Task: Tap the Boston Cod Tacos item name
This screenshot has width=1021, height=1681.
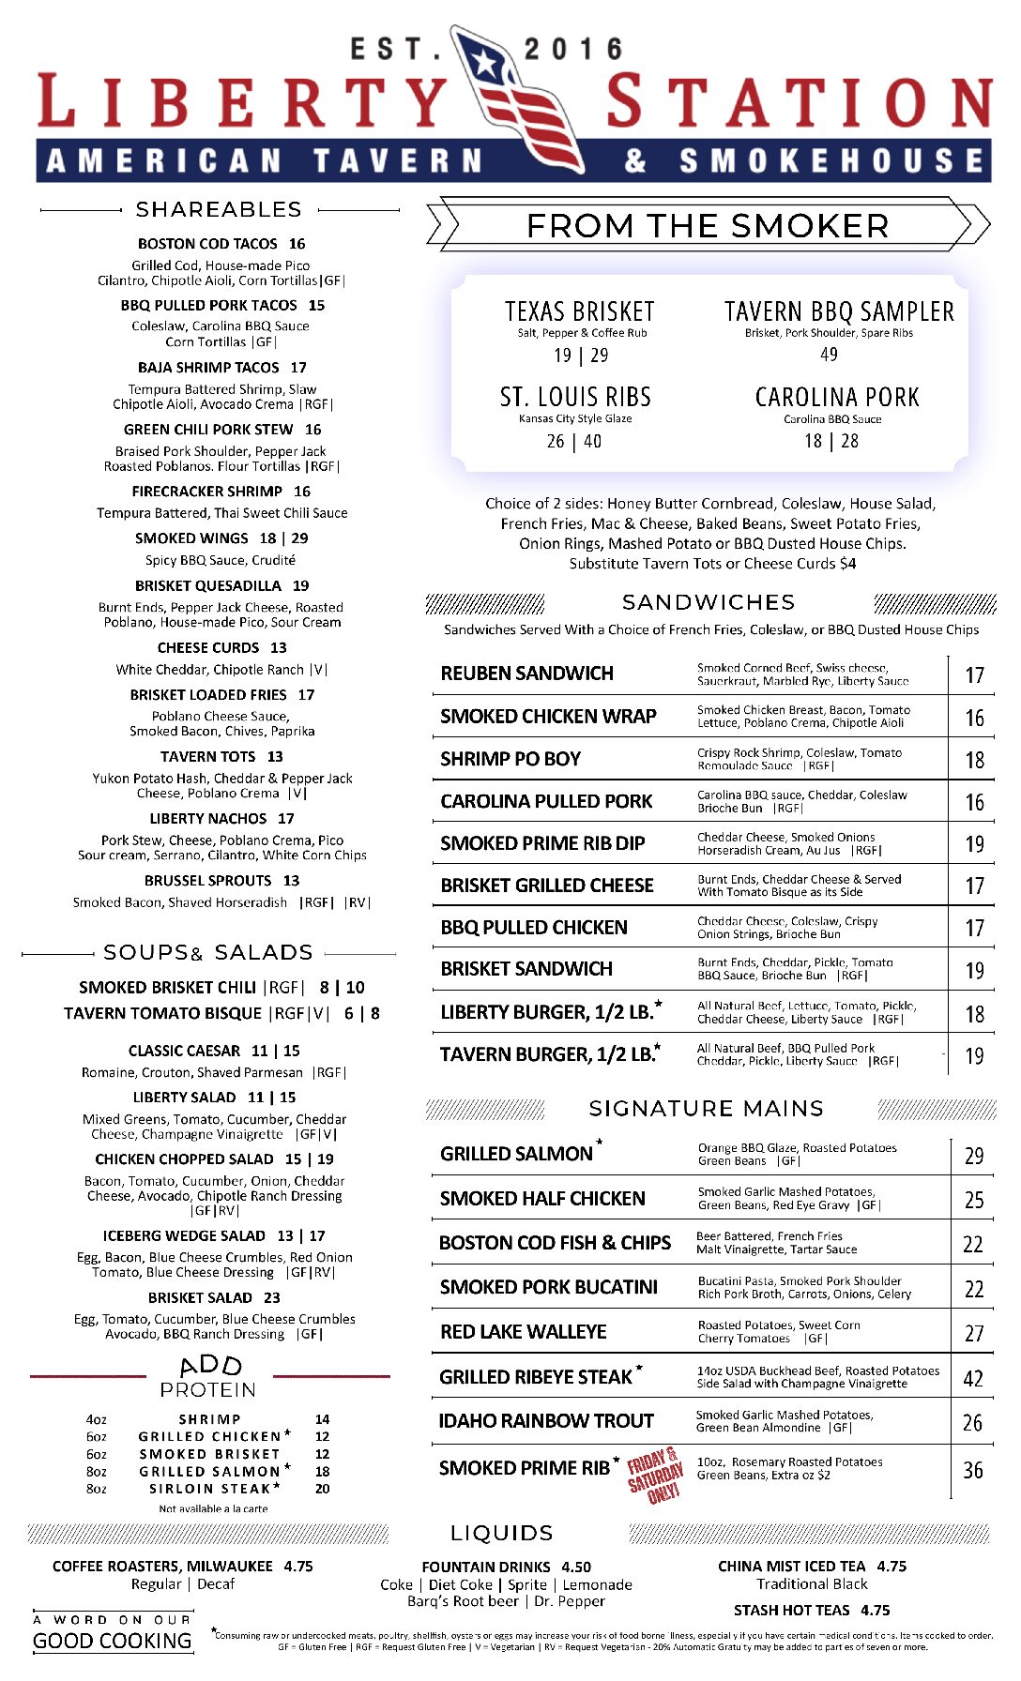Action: pyautogui.click(x=207, y=244)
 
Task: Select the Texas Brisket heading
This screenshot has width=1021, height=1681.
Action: pyautogui.click(x=579, y=311)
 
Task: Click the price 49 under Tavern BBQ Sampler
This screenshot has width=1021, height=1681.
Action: pyautogui.click(x=829, y=355)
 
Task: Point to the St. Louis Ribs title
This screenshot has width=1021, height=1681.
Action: pyautogui.click(x=575, y=397)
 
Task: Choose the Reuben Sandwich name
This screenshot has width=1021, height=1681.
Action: pyautogui.click(x=526, y=674)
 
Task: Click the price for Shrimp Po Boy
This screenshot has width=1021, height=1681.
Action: pyautogui.click(x=974, y=760)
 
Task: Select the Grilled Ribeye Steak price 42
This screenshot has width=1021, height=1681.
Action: pyautogui.click(x=973, y=1379)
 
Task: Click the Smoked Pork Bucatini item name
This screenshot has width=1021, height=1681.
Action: pyautogui.click(x=548, y=1287)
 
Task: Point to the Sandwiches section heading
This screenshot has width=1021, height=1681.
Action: pyautogui.click(x=709, y=602)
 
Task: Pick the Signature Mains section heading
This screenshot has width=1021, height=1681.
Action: pyautogui.click(x=706, y=1109)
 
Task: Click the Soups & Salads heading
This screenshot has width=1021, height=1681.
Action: pyautogui.click(x=208, y=953)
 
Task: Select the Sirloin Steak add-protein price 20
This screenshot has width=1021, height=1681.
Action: pyautogui.click(x=322, y=1489)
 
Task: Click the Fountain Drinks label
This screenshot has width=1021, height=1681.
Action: pyautogui.click(x=486, y=1567)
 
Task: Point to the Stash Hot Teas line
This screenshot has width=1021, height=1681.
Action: pyautogui.click(x=811, y=1610)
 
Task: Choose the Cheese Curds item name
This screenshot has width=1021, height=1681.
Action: pyautogui.click(x=208, y=648)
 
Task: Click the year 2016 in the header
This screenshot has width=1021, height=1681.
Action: pyautogui.click(x=573, y=50)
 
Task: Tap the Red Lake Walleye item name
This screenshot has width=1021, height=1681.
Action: pyautogui.click(x=523, y=1332)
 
